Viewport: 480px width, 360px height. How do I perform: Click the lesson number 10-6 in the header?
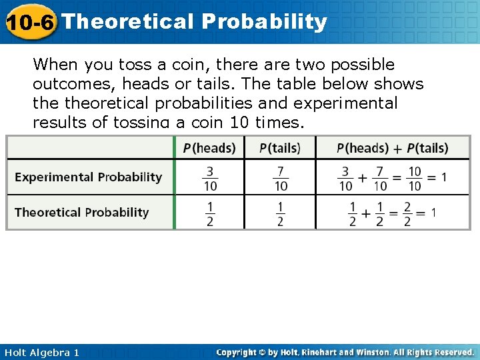pyautogui.click(x=30, y=22)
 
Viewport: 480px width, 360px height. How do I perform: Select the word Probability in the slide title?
pyautogui.click(x=265, y=21)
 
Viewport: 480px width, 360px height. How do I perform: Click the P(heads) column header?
pyautogui.click(x=209, y=147)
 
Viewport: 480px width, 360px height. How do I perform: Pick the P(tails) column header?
pyautogui.click(x=279, y=147)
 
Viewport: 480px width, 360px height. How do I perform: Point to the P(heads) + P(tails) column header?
pyautogui.click(x=392, y=147)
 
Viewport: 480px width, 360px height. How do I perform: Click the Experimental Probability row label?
pyautogui.click(x=89, y=177)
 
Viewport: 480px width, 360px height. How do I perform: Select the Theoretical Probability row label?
pyautogui.click(x=82, y=213)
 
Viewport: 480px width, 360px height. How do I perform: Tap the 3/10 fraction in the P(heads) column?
pyautogui.click(x=210, y=177)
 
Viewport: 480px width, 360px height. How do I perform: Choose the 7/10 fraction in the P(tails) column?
pyautogui.click(x=281, y=177)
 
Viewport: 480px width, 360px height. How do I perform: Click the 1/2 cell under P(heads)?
pyautogui.click(x=210, y=213)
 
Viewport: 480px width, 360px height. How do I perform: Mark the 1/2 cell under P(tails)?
pyautogui.click(x=280, y=213)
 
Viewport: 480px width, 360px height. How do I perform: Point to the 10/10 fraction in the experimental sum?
pyautogui.click(x=414, y=177)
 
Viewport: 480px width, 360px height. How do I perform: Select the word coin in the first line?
pyautogui.click(x=175, y=65)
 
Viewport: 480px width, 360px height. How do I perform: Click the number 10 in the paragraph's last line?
pyautogui.click(x=239, y=122)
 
